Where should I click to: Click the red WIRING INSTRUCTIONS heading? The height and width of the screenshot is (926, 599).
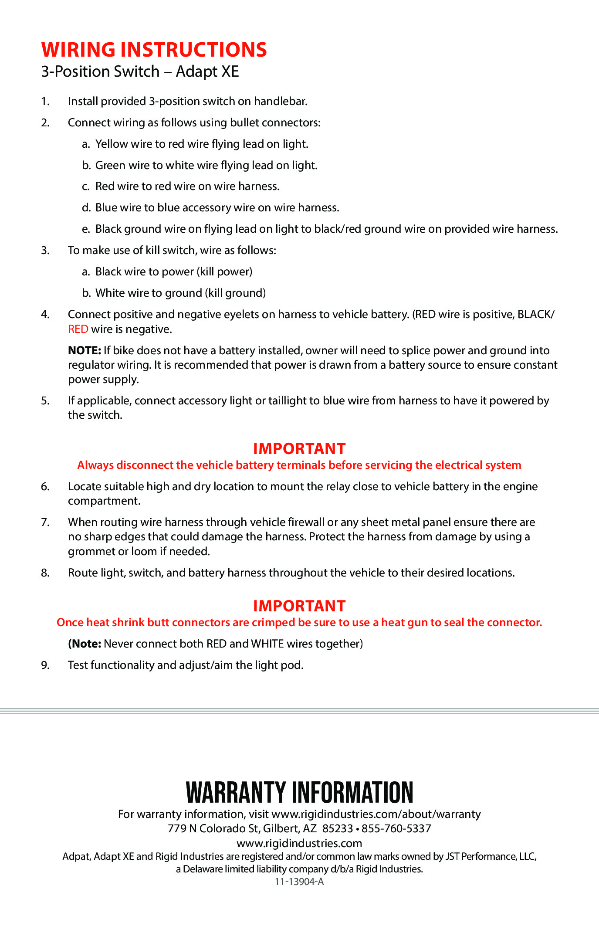point(154,50)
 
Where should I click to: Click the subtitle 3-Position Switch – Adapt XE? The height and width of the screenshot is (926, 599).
point(140,71)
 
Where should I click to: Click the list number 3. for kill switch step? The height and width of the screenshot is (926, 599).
point(45,251)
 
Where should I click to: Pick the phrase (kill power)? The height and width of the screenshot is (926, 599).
point(224,272)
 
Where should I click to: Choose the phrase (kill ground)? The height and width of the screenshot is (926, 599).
point(235,293)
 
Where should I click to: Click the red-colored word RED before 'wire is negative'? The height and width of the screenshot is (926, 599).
point(78,329)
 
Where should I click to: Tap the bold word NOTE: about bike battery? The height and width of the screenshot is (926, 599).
point(85,351)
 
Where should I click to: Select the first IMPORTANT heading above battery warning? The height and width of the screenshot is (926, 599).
point(299,449)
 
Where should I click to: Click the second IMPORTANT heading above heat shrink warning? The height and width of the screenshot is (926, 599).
point(299,606)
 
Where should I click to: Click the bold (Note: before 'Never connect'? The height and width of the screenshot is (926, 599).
point(85,644)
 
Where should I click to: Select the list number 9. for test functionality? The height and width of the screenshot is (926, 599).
point(45,665)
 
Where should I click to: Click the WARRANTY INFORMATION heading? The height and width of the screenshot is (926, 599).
point(299,792)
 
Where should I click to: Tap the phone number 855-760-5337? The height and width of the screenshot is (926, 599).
point(396,829)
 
